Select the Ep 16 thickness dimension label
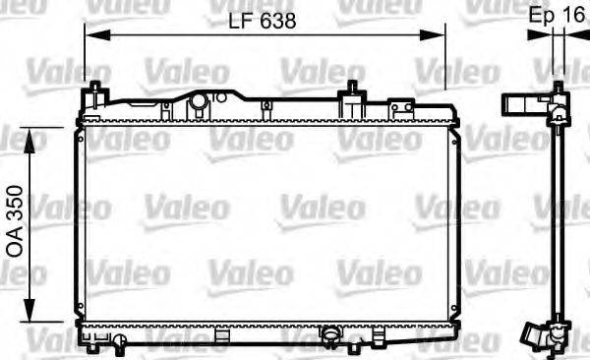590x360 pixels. point(557,17)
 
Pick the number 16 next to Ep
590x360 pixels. point(572,17)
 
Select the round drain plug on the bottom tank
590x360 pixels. point(332,339)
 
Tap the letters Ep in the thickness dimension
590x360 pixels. point(541,17)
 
